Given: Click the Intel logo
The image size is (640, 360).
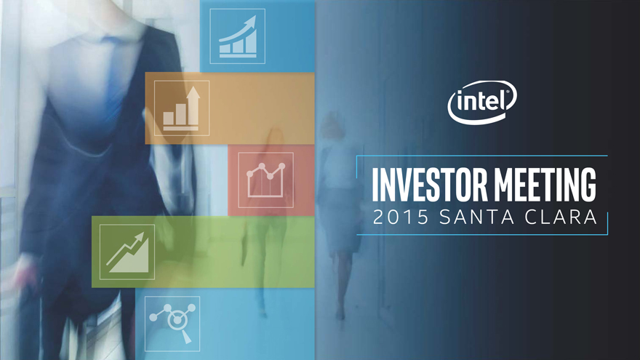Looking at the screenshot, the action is [482, 102].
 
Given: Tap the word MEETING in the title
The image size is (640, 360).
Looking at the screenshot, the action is [545, 185].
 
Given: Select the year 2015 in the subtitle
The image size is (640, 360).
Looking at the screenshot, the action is [401, 217].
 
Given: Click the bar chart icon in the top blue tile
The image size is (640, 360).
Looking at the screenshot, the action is [238, 36].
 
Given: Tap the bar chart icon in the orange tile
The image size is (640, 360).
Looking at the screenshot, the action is [182, 108].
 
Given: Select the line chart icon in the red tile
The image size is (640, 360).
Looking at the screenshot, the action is [265, 180].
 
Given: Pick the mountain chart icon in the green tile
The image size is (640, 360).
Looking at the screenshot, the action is [127, 252].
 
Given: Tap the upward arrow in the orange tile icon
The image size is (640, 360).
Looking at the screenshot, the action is [193, 105].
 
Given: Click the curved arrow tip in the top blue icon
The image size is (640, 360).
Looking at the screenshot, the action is [252, 20].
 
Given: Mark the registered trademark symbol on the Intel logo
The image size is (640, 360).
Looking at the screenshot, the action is [508, 92].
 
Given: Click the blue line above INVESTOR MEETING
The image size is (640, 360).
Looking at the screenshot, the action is [482, 156].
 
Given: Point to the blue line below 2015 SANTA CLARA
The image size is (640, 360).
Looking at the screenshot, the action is [482, 234].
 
